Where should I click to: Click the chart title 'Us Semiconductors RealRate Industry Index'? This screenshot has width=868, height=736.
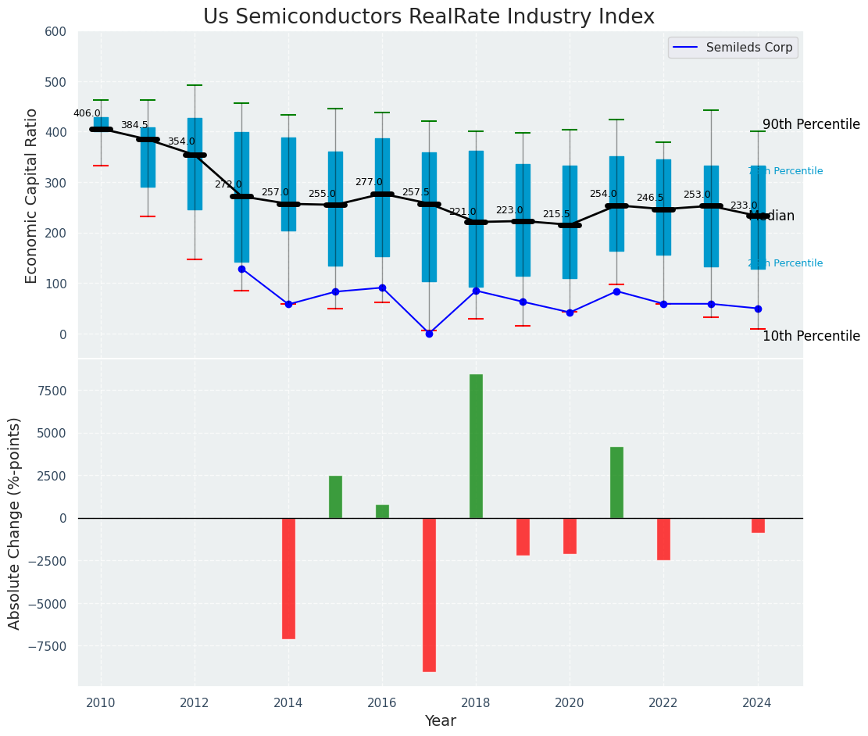[429, 17]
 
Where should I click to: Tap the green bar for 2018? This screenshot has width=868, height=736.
[476, 446]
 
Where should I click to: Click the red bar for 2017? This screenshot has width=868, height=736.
[429, 595]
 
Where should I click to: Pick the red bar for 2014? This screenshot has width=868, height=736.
[288, 578]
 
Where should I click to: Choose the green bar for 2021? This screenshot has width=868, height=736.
[616, 482]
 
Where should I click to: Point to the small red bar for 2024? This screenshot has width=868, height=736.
[758, 525]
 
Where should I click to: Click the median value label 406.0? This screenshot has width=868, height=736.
[87, 113]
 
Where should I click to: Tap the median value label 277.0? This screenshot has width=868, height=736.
[369, 182]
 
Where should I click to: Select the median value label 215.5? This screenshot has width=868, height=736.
[556, 214]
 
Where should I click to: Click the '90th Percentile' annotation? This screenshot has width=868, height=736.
[811, 125]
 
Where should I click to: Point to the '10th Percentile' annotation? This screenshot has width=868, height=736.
[811, 337]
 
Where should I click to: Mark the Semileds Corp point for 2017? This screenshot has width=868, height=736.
[429, 334]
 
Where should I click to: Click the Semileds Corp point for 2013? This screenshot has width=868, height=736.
[241, 269]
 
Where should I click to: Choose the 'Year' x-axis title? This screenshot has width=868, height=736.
[440, 721]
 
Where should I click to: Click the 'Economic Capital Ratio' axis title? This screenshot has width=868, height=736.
[32, 195]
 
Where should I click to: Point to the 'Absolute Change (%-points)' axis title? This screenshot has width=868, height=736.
[15, 523]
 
